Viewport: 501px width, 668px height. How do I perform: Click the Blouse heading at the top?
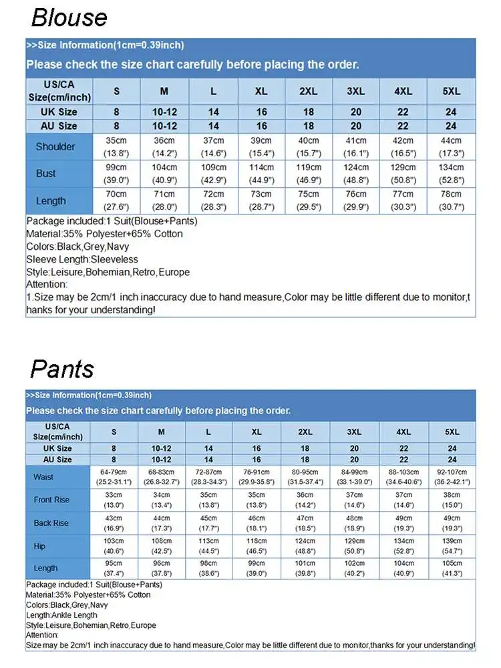tap(69, 17)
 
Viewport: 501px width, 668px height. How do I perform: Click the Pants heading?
tap(62, 369)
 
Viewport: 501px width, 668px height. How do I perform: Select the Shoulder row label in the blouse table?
tap(55, 147)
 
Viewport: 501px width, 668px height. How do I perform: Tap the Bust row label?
tap(46, 174)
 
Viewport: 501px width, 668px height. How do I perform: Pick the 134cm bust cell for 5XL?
tap(451, 173)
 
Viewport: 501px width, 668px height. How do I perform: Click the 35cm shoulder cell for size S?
tap(116, 146)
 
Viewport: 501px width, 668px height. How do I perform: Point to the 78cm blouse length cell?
tap(451, 200)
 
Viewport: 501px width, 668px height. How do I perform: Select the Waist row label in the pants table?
tap(43, 477)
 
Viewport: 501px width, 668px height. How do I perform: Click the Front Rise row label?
tap(51, 500)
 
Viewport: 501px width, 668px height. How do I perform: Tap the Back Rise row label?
tap(51, 523)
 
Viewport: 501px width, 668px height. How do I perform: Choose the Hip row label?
tap(39, 546)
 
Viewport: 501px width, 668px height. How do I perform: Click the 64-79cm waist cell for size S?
tap(114, 477)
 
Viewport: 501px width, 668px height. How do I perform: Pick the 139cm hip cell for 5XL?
tap(452, 546)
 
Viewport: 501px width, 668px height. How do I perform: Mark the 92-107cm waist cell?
tap(452, 477)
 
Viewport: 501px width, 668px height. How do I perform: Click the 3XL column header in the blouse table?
tap(356, 92)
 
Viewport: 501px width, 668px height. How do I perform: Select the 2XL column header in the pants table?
tap(305, 432)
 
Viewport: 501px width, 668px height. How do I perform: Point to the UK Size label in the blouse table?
tap(59, 112)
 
